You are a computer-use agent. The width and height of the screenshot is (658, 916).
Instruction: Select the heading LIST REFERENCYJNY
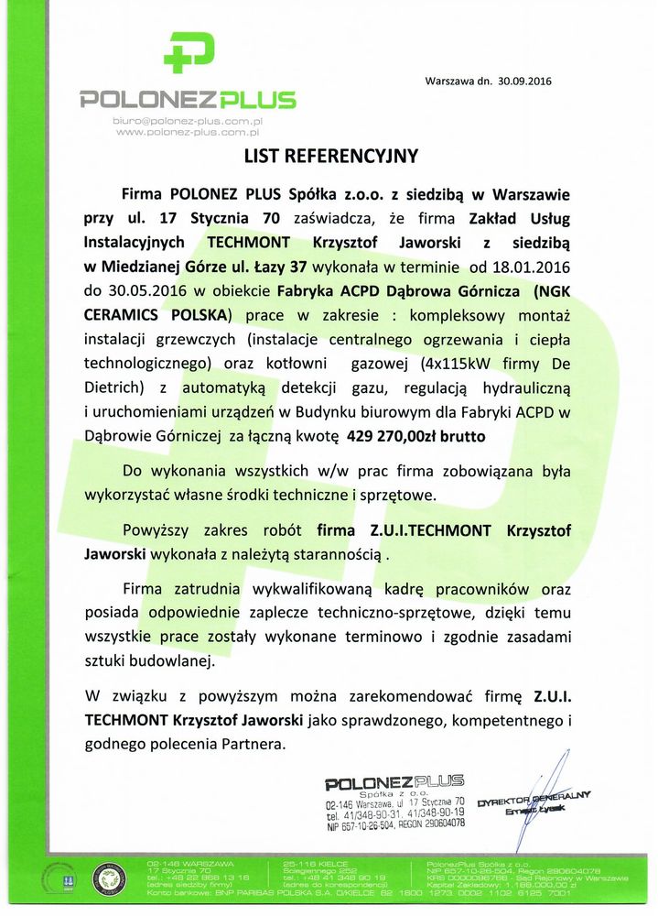coord(330,156)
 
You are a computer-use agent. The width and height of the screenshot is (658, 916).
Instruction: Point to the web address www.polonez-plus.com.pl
coord(188,133)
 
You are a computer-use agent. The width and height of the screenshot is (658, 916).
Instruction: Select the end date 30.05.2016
coord(118,291)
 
